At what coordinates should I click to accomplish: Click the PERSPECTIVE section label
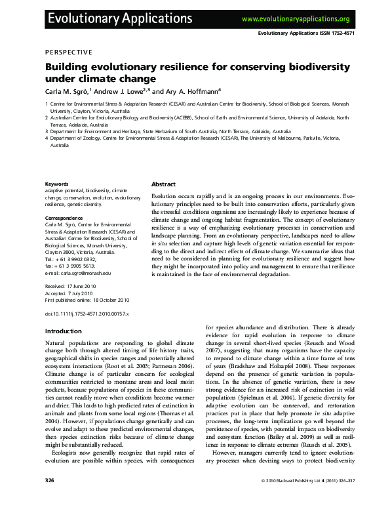pyautogui.click(x=68, y=52)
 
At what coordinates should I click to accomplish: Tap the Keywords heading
pyautogui.click(x=56, y=184)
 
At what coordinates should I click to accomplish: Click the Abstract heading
pyautogui.click(x=164, y=184)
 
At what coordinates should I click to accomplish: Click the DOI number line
pyautogui.click(x=87, y=314)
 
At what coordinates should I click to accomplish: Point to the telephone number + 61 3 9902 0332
pyautogui.click(x=73, y=258)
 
